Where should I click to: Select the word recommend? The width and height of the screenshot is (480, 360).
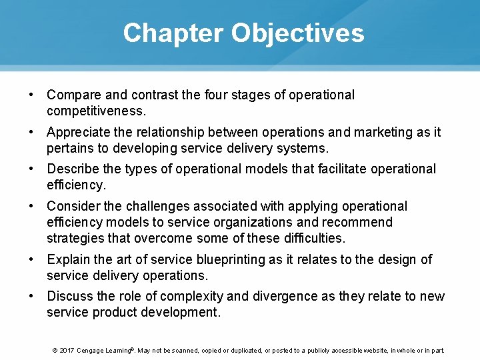coord(360,221)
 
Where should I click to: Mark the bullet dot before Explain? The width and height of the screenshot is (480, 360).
coord(31,259)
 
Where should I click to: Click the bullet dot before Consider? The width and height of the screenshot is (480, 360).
coord(31,207)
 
